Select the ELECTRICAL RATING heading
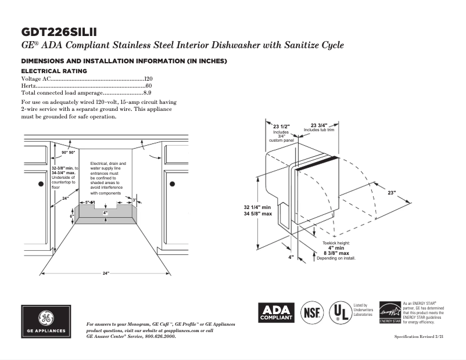(x=54, y=71)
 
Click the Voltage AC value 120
(x=148, y=78)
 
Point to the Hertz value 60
(x=149, y=85)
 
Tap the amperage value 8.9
(x=147, y=92)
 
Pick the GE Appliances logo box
(x=45, y=321)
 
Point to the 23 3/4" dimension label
(x=318, y=125)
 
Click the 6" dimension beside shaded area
(x=72, y=216)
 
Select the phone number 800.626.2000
(x=156, y=337)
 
